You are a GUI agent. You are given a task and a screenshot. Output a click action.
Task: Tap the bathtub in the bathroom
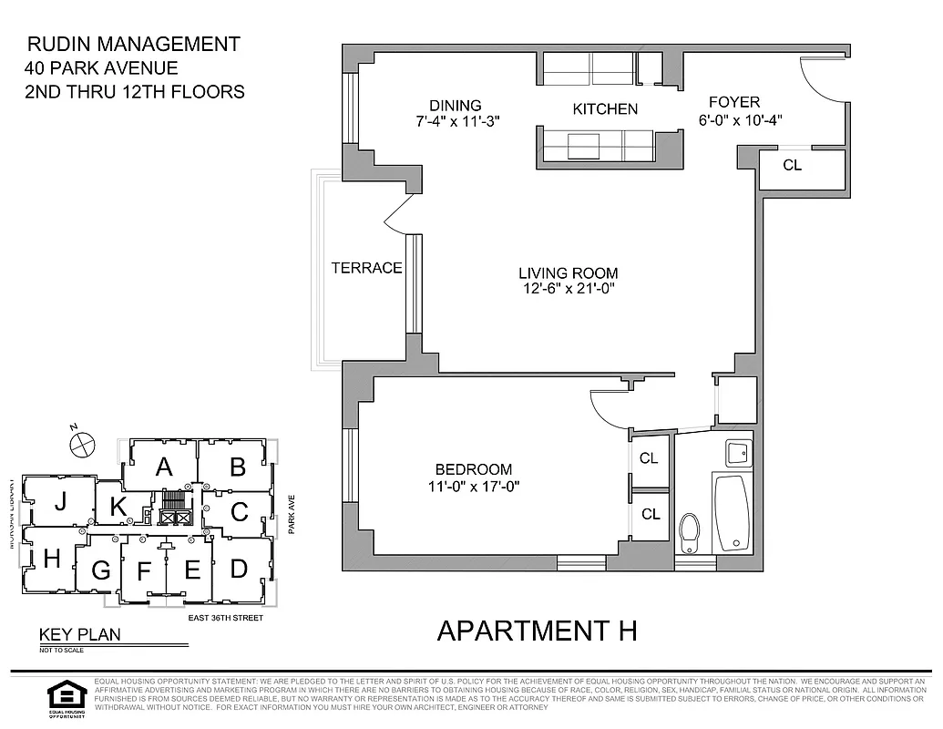click(x=732, y=513)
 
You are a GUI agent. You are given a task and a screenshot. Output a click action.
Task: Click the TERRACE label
click(x=366, y=268)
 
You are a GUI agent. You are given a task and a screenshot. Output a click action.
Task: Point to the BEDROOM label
click(x=467, y=469)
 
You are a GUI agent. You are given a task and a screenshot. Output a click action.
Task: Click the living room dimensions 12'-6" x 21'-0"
click(x=568, y=290)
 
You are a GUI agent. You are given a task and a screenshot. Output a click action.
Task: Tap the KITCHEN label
click(x=605, y=109)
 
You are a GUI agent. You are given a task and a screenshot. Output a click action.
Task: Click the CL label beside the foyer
click(x=793, y=165)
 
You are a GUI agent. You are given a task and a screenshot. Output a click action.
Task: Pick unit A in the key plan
click(x=164, y=467)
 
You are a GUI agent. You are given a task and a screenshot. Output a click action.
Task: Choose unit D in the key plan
click(x=239, y=569)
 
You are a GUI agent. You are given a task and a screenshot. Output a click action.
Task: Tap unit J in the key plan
click(x=60, y=501)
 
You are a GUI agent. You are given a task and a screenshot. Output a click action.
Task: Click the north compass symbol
click(x=82, y=443)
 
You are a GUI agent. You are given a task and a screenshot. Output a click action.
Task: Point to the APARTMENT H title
click(x=536, y=630)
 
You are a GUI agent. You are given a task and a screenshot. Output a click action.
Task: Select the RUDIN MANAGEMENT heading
click(x=133, y=44)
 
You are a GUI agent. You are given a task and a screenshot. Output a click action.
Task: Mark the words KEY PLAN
click(x=79, y=636)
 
